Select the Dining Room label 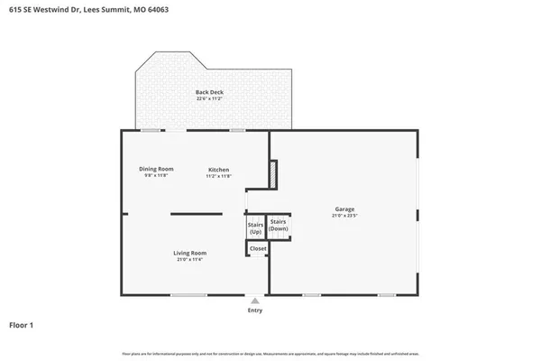click(156, 170)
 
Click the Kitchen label click(219, 170)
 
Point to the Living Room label click(190, 253)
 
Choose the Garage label click(344, 210)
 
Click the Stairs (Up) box click(256, 229)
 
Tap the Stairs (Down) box click(279, 226)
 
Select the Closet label click(258, 247)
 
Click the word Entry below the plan click(255, 310)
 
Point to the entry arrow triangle click(255, 301)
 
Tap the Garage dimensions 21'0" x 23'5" click(344, 217)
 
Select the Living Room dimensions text click(190, 260)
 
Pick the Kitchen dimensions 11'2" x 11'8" click(219, 176)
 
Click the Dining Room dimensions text click(156, 176)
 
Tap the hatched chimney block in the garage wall click(275, 172)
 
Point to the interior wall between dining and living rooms click(197, 214)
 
